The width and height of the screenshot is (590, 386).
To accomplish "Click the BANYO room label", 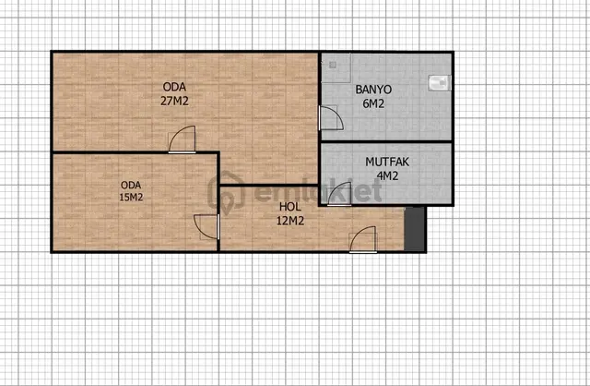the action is [x=373, y=90].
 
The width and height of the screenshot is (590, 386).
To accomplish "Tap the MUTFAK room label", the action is [x=387, y=163].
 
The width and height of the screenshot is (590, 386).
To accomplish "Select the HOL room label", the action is [x=290, y=207].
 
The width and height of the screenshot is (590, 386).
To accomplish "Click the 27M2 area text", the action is [x=174, y=101].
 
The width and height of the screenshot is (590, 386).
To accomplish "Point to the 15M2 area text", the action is [x=131, y=197].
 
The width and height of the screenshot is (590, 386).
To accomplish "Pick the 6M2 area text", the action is [x=373, y=103].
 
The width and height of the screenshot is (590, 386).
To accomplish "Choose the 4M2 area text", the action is [x=387, y=176].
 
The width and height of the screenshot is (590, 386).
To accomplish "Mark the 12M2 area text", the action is [x=290, y=221].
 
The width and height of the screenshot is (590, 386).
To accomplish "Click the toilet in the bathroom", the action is [x=440, y=83].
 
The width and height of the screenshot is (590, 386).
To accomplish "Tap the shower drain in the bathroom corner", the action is [x=333, y=65].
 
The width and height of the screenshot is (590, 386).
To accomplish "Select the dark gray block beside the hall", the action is [x=415, y=229].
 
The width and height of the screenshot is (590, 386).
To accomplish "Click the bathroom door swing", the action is [x=331, y=118].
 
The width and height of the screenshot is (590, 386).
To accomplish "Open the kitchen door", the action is [x=339, y=194].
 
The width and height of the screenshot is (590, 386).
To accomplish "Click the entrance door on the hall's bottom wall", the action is [x=363, y=240].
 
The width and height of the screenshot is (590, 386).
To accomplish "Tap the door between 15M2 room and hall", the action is [x=206, y=227].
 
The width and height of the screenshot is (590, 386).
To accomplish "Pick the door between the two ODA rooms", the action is [x=183, y=139].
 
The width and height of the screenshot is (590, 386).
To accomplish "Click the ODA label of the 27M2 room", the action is [x=174, y=87].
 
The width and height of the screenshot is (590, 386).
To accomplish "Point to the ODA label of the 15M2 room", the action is [x=131, y=185].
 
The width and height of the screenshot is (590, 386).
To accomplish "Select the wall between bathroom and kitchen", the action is [x=386, y=141].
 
